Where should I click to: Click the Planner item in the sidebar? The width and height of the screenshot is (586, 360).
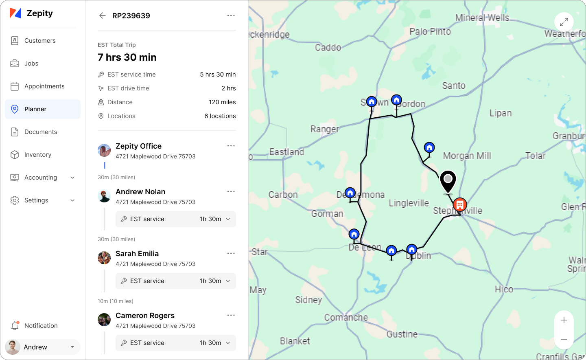(x=35, y=109)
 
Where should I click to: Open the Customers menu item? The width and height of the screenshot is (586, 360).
(x=40, y=41)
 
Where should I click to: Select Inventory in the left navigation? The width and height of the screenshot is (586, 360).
(x=37, y=155)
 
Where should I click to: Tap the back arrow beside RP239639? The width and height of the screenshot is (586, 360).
(x=102, y=15)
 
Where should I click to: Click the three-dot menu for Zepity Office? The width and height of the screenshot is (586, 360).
(x=231, y=146)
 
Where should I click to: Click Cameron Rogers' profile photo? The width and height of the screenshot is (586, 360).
(x=104, y=320)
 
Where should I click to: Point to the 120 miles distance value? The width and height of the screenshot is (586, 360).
(x=222, y=102)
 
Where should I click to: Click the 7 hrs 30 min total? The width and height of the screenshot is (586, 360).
(x=127, y=57)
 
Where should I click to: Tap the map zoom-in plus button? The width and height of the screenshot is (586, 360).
(x=564, y=320)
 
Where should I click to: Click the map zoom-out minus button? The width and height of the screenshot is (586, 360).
(x=564, y=340)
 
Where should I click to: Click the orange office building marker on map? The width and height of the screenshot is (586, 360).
(x=460, y=204)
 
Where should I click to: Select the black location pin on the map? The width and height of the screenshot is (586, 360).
(x=448, y=180)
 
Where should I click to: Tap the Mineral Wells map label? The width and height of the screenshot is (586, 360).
(x=482, y=18)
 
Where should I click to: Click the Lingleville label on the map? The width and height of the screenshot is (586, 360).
(x=409, y=203)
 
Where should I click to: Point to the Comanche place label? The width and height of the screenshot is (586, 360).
(x=346, y=317)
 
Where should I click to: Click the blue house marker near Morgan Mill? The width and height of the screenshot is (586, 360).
(x=429, y=147)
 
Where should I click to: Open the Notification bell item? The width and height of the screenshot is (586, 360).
(x=41, y=326)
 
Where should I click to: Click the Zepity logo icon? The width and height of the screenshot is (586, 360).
(x=15, y=13)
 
